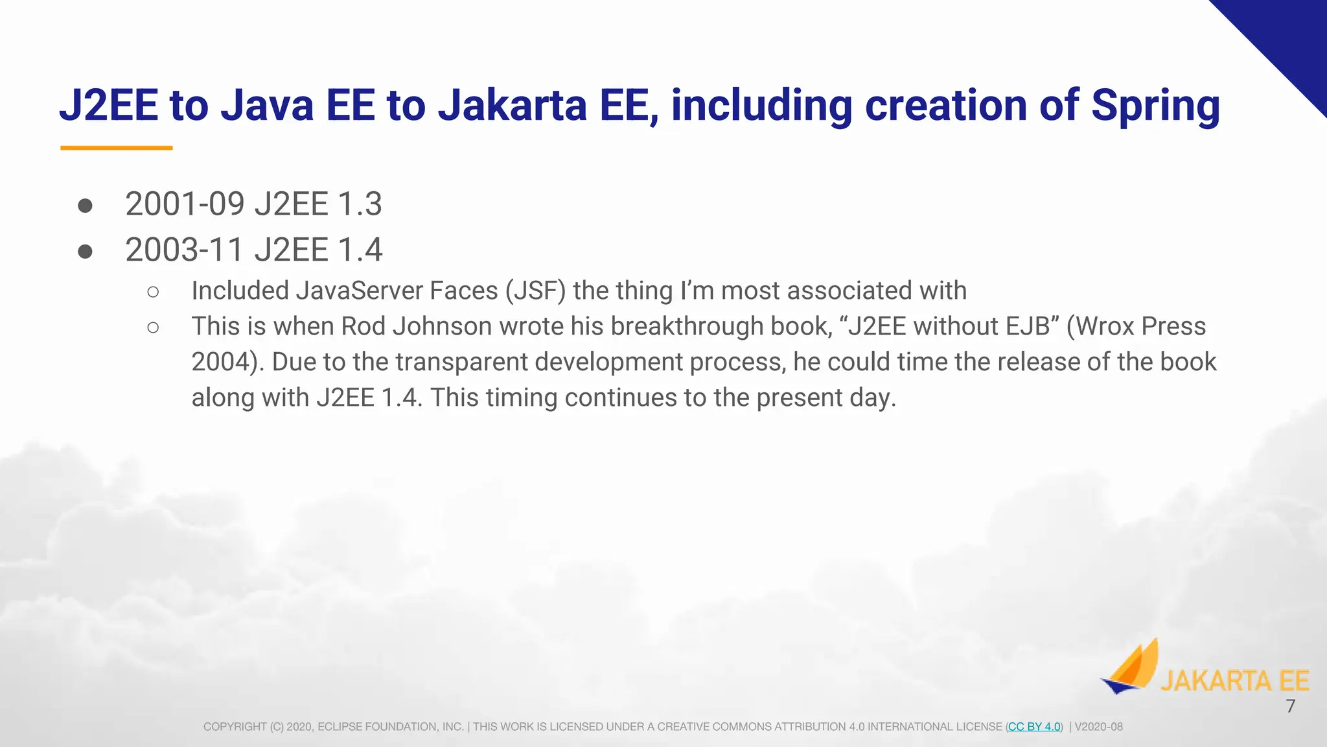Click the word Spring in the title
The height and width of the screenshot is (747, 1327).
1155,106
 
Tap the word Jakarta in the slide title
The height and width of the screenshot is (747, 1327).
512,106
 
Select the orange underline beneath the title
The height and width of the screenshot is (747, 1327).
117,148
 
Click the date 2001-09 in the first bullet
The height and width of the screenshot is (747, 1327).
185,204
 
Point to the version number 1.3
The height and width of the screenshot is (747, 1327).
360,204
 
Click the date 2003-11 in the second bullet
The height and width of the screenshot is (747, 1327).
185,250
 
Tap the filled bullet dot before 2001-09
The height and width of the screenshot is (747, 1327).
85,206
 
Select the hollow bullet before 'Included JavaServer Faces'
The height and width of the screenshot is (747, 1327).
153,292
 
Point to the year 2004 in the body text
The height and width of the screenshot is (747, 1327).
220,362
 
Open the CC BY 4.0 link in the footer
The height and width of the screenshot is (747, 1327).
1034,727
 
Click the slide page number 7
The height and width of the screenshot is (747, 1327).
1290,706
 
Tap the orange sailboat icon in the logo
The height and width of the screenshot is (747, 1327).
1130,668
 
